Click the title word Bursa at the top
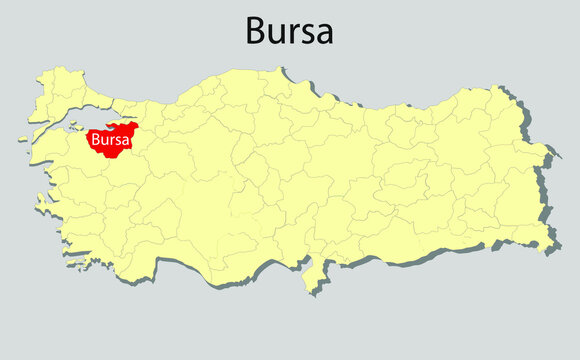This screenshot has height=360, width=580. point(289,31)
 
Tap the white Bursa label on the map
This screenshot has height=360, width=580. point(109,141)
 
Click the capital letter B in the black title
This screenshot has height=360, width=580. point(256,31)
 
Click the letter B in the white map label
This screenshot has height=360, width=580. point(95,141)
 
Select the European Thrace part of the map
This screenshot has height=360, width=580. point(60,90)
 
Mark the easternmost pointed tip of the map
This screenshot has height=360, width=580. point(550,154)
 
